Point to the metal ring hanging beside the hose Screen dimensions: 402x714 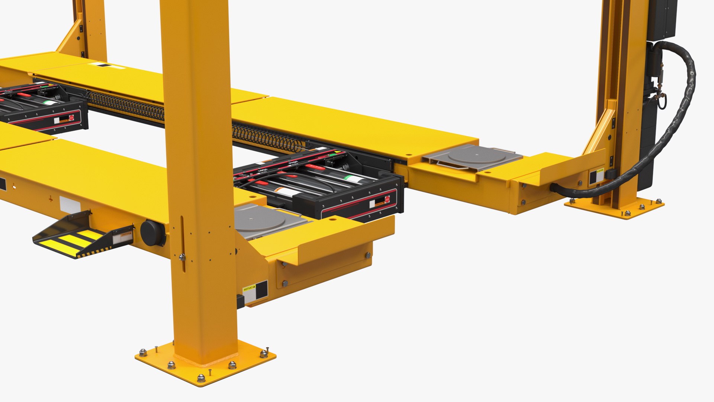[662, 102]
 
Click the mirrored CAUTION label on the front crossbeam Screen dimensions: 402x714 [250, 288]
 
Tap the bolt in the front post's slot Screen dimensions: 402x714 [181, 256]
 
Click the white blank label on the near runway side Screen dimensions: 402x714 [70, 205]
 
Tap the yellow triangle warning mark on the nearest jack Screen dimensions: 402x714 [337, 152]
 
